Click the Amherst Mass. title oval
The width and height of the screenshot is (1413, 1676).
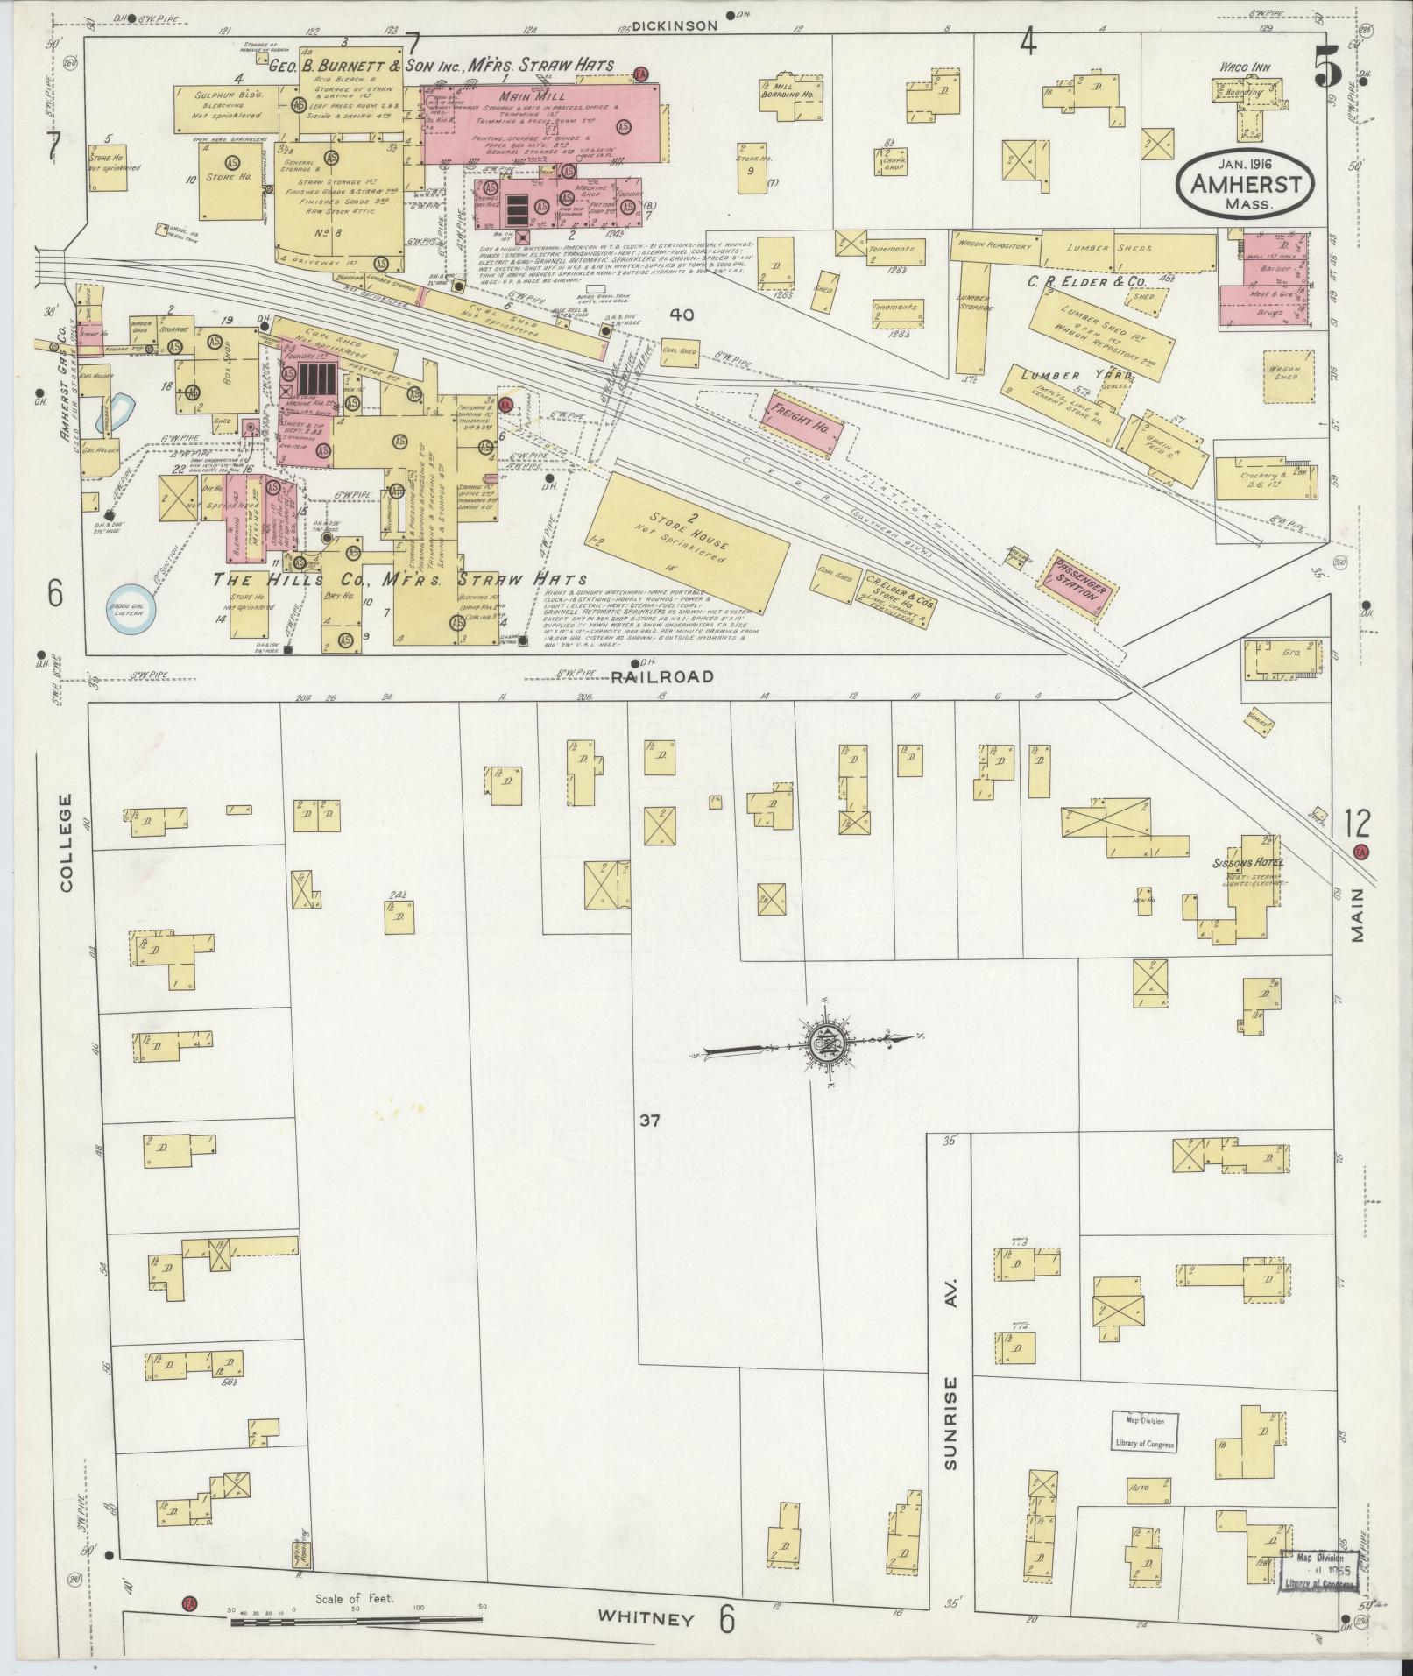(1243, 182)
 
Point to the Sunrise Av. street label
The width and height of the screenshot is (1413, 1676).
(951, 1368)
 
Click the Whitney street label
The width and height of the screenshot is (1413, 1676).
(646, 1618)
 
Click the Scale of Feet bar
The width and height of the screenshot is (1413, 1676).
(355, 1623)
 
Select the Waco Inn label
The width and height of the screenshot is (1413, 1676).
(1247, 67)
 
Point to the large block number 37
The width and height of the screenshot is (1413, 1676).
(649, 1120)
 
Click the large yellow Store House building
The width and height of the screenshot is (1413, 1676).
(692, 541)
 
